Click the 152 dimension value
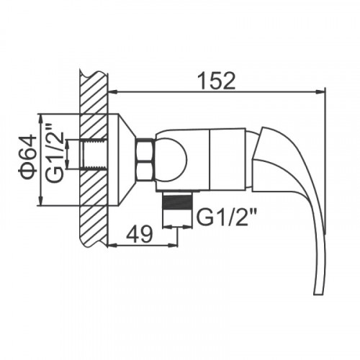pyautogui.click(x=217, y=81)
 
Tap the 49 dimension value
pyautogui.click(x=140, y=233)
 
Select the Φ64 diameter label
pyautogui.click(x=27, y=157)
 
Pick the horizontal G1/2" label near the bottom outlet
pyautogui.click(x=225, y=217)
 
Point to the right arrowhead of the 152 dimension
pyautogui.click(x=320, y=92)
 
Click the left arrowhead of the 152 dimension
pyautogui.click(x=113, y=92)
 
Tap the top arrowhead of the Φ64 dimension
pyautogui.click(x=41, y=120)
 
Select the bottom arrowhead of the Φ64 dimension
pyautogui.click(x=41, y=200)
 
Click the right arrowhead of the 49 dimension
pyautogui.click(x=173, y=245)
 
